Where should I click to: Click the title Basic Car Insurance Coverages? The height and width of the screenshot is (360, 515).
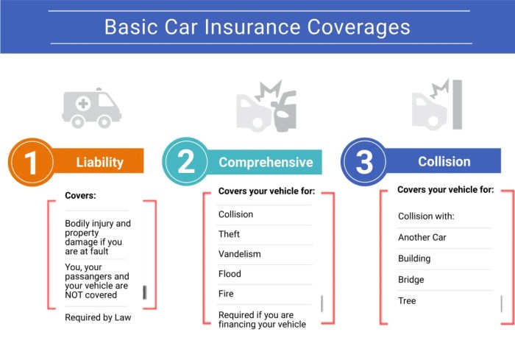tap(257, 27)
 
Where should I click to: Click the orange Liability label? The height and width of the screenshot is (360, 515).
tap(99, 162)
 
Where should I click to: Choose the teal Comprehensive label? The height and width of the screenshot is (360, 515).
tap(266, 162)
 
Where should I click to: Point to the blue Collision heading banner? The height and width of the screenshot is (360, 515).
tap(444, 161)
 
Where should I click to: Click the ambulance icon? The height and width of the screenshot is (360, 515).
tap(91, 108)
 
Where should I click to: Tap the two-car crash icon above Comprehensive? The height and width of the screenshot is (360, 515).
tap(266, 107)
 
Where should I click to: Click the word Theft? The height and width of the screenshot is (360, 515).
tap(230, 234)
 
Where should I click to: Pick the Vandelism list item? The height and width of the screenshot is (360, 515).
tap(239, 254)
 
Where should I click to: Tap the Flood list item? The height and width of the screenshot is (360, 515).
tap(230, 274)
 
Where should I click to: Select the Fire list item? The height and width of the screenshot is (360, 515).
tap(226, 294)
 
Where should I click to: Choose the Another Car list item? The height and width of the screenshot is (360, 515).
tap(422, 238)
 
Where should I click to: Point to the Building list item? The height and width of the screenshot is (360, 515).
tap(414, 259)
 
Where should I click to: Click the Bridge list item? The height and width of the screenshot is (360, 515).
tap(411, 280)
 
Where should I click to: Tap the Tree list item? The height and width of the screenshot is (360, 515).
tap(407, 301)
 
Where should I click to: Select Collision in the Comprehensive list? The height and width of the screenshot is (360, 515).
tap(235, 214)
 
